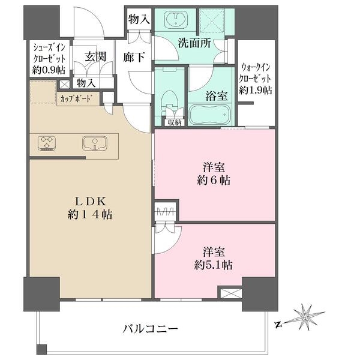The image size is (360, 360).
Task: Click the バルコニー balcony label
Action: [151, 329]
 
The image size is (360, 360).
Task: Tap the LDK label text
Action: [91, 202]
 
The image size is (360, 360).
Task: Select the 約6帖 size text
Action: [214, 181]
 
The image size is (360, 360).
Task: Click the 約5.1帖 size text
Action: [213, 265]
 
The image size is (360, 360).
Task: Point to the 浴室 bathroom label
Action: [217, 96]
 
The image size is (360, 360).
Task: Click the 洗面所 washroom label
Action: [194, 43]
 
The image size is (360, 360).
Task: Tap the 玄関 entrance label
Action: [95, 56]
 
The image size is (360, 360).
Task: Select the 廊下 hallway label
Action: [134, 57]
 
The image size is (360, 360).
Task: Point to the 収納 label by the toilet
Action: [175, 122]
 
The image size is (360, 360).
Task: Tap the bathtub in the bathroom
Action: [211, 115]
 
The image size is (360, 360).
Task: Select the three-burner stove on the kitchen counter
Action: [47, 143]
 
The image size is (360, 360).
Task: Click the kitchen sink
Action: [95, 143]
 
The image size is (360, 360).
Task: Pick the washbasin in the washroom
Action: [176, 20]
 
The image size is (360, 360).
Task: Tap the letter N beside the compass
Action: [278, 325]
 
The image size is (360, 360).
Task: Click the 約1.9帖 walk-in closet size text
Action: [256, 90]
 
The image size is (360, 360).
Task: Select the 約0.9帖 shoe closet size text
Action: [49, 70]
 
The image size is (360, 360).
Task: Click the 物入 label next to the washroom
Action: [139, 19]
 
